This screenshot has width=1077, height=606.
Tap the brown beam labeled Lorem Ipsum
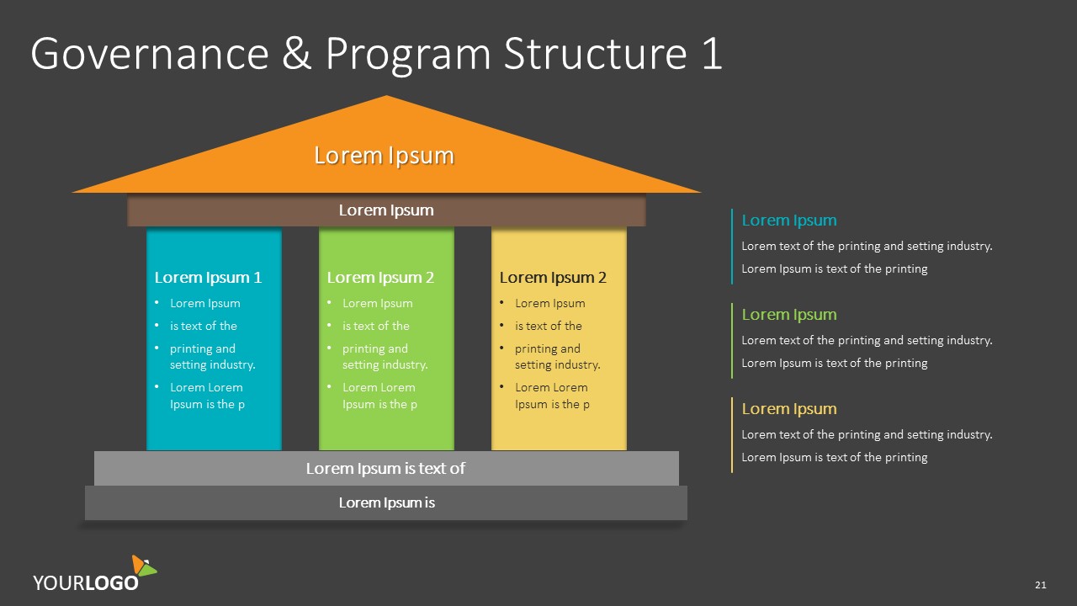point(386,210)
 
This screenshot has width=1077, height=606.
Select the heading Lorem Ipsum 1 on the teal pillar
point(208,278)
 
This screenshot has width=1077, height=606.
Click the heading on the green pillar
point(380,278)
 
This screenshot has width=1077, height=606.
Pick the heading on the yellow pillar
point(553,278)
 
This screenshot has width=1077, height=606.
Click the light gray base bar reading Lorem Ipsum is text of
point(386,468)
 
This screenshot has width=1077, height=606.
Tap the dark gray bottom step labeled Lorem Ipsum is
point(386,503)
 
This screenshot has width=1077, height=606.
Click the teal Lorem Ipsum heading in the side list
point(788,221)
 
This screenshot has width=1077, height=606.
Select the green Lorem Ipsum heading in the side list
point(788,315)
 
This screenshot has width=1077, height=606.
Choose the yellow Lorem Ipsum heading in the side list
point(788,409)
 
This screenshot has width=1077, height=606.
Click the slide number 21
point(1041,585)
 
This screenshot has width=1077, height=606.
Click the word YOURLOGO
point(86,582)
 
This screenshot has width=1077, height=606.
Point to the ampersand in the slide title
point(297,54)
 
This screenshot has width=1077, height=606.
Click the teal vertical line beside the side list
point(732,246)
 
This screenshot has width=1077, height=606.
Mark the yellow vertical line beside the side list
point(732,434)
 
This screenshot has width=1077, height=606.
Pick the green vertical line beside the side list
point(732,340)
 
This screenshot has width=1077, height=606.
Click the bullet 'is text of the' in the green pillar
point(376,327)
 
